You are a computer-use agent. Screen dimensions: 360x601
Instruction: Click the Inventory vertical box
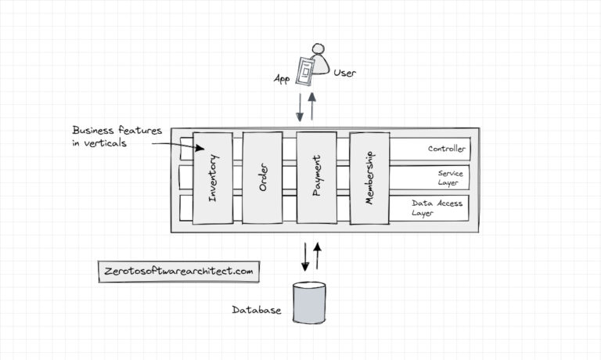pyautogui.click(x=212, y=178)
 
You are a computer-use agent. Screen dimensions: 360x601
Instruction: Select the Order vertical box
pyautogui.click(x=262, y=178)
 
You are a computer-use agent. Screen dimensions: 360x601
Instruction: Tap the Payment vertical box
pyautogui.click(x=316, y=178)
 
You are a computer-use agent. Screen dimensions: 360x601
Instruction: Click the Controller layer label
pyautogui.click(x=446, y=149)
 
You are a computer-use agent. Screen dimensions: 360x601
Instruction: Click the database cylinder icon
pyautogui.click(x=309, y=303)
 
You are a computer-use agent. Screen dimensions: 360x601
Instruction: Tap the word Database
pyautogui.click(x=256, y=311)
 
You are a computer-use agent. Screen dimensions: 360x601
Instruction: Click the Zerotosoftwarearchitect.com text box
pyautogui.click(x=179, y=272)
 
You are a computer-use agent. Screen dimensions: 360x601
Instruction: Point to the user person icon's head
pyautogui.click(x=318, y=49)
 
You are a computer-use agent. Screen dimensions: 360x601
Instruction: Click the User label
pyautogui.click(x=345, y=74)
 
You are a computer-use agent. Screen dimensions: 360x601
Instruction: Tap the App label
pyautogui.click(x=282, y=79)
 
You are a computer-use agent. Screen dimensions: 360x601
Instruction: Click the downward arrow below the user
pyautogui.click(x=300, y=107)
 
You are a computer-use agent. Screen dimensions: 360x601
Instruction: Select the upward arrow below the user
pyautogui.click(x=313, y=106)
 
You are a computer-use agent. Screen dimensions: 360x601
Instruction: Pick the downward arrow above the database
pyautogui.click(x=305, y=257)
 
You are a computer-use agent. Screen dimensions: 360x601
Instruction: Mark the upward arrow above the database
pyautogui.click(x=318, y=255)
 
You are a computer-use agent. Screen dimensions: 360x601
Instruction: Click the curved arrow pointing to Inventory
pyautogui.click(x=178, y=146)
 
